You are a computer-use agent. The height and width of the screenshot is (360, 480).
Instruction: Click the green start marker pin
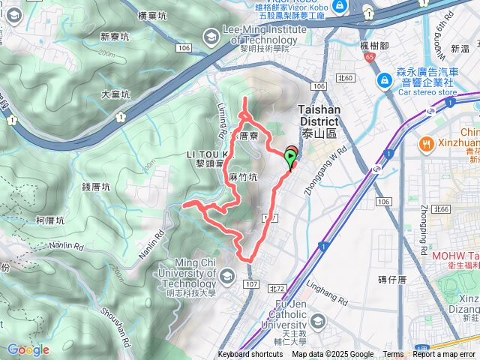click(x=291, y=157)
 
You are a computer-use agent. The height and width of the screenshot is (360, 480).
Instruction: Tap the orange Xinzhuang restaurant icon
click(x=425, y=142)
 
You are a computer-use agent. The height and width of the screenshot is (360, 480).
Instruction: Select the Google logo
click(x=28, y=350)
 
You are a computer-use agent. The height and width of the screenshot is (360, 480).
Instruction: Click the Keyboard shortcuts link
click(x=250, y=355)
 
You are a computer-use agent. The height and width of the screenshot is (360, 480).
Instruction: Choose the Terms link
click(x=392, y=355)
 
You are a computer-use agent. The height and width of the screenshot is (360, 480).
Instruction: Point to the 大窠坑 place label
click(x=115, y=94)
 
